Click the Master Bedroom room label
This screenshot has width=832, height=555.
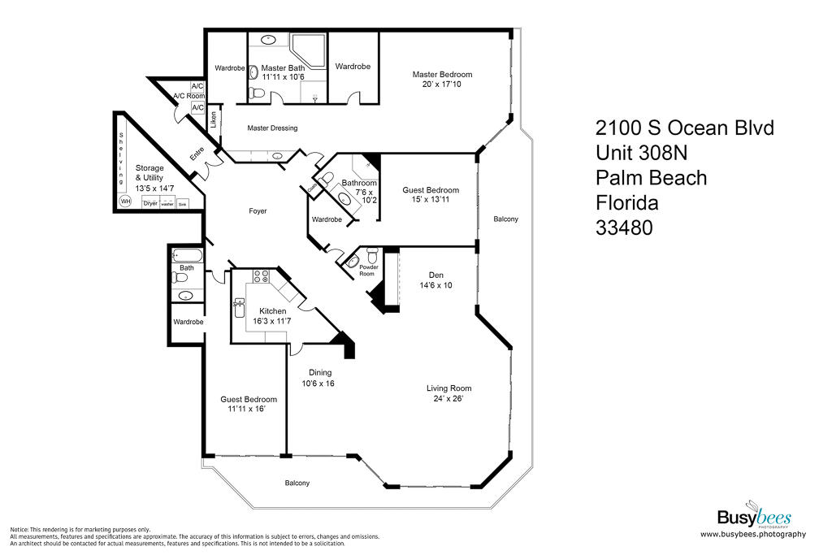442,75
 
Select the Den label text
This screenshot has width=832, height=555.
435,275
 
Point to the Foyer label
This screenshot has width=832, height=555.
258,211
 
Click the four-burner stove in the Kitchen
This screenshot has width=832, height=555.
262,275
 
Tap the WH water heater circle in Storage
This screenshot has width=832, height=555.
125,201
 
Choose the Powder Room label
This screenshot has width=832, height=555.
367,270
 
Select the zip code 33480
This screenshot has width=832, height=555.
625,228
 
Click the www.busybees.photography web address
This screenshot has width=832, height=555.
752,534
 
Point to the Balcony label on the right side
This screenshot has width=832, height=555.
505,219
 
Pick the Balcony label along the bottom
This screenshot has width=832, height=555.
297,483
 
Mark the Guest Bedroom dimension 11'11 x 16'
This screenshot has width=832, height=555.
248,410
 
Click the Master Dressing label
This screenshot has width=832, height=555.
272,128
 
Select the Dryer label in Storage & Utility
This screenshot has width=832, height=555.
150,203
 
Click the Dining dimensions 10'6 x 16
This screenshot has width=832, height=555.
318,383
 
